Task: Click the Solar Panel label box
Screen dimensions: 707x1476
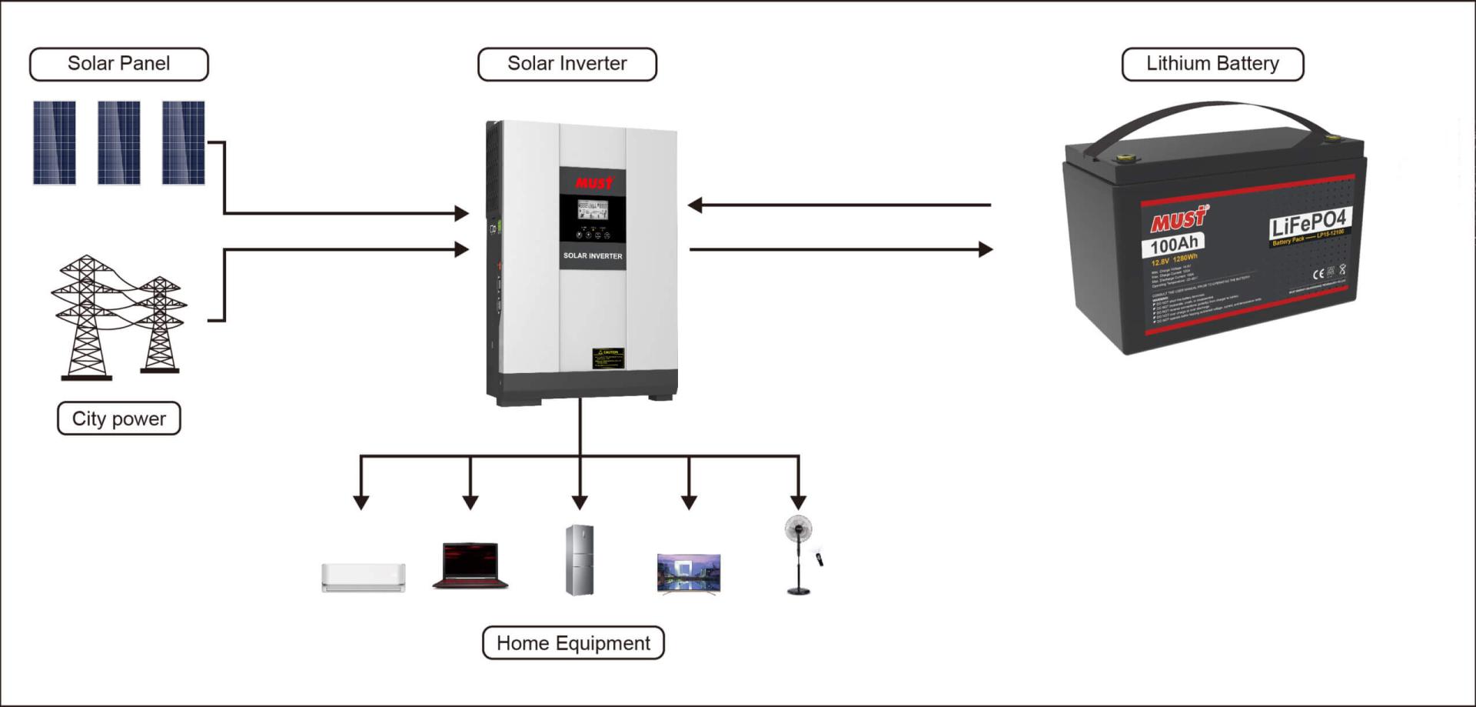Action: click(x=118, y=64)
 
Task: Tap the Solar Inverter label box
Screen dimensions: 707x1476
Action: click(x=567, y=64)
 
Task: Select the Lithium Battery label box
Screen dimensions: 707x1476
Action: click(x=1212, y=64)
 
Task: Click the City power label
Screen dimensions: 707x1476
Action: click(x=118, y=419)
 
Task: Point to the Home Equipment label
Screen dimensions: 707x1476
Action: click(x=573, y=643)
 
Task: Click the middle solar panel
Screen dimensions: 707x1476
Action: click(x=119, y=142)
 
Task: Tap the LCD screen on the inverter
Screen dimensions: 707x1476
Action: click(x=593, y=209)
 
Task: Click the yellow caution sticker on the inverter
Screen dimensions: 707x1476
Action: click(x=608, y=358)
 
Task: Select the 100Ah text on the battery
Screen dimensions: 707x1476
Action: click(x=1174, y=245)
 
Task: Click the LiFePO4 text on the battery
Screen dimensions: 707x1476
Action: click(x=1308, y=224)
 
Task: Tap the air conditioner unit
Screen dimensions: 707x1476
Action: click(x=363, y=577)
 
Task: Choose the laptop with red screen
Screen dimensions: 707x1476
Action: click(x=470, y=565)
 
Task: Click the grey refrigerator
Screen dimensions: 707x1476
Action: click(x=580, y=559)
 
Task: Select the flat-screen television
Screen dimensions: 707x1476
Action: click(x=689, y=573)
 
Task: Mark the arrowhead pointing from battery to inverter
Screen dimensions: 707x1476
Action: click(x=695, y=205)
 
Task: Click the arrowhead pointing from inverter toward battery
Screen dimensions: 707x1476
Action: click(x=985, y=249)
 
